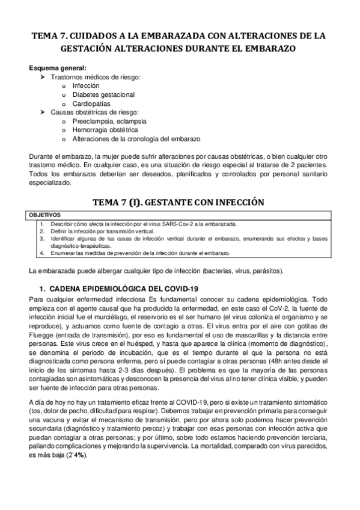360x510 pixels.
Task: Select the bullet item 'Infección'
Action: (86, 86)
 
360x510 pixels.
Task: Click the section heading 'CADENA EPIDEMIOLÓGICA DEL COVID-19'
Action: (124, 288)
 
